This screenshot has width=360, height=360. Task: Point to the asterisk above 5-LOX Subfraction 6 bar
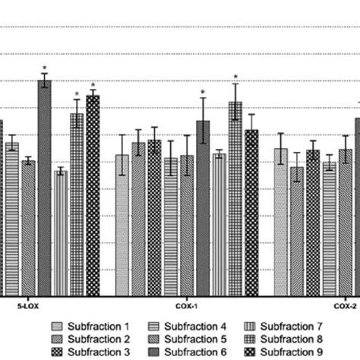point(45,68)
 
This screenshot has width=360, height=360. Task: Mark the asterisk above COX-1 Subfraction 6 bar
point(203,93)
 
